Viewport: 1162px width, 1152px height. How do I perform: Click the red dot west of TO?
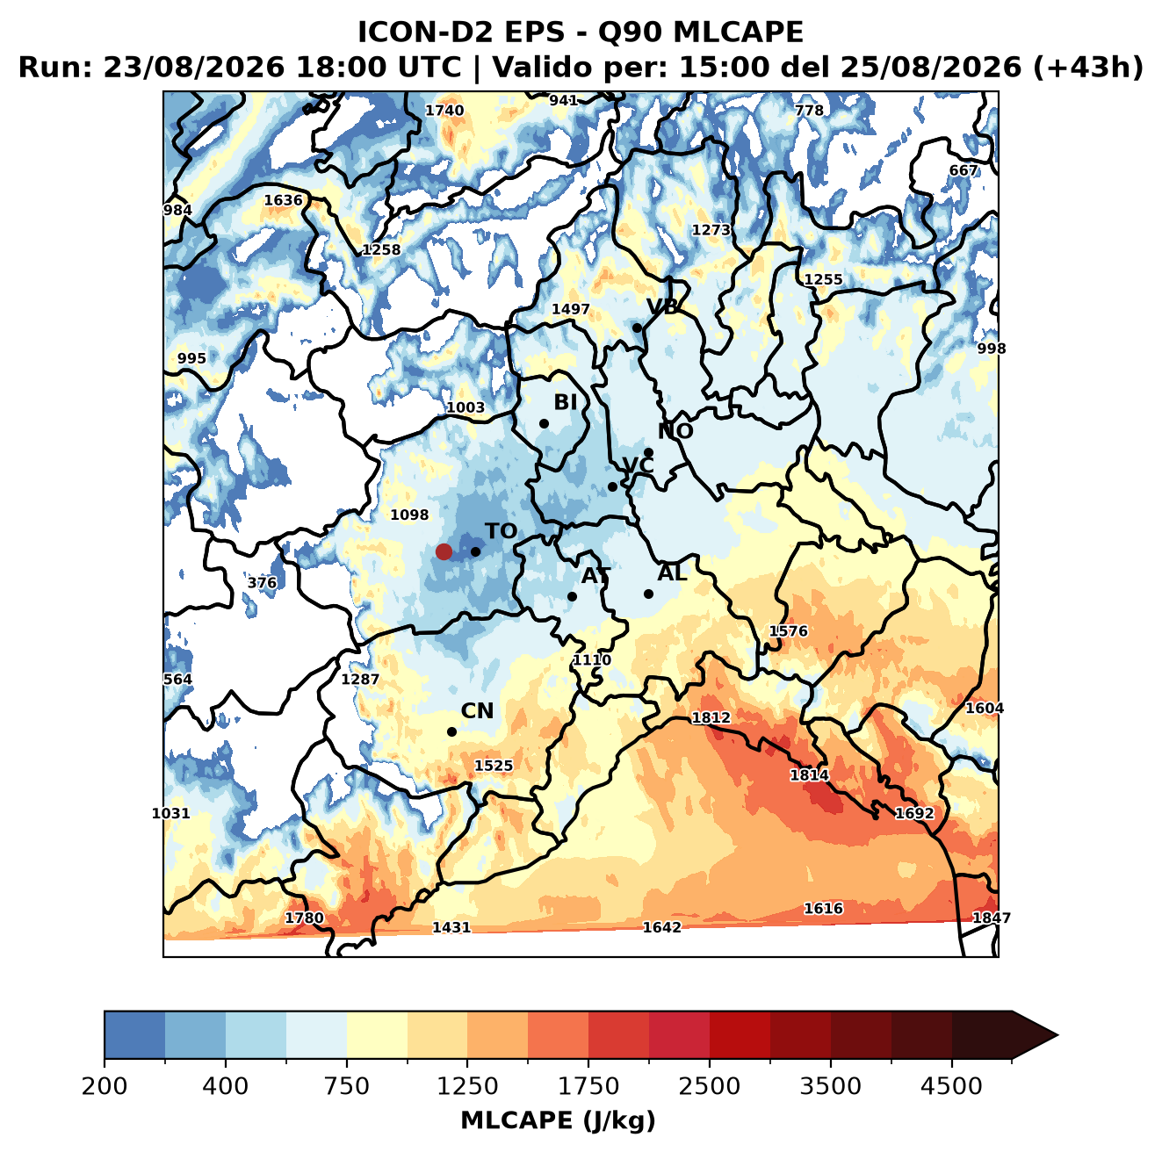tap(444, 551)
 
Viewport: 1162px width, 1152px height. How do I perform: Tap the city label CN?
tap(477, 710)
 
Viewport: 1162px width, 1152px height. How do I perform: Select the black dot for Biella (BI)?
tap(544, 424)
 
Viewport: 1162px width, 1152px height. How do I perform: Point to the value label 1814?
tap(809, 774)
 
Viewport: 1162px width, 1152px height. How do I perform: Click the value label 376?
tap(262, 583)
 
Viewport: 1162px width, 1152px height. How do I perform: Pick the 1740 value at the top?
tap(444, 111)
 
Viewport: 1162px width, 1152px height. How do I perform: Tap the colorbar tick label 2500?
tap(709, 1086)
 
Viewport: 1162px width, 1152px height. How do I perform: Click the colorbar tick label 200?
tap(105, 1086)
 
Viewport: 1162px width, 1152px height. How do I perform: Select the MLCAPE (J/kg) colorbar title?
tap(558, 1120)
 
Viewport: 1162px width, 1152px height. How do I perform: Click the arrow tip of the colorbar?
tap(1057, 1036)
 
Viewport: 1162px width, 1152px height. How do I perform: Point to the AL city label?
tap(672, 572)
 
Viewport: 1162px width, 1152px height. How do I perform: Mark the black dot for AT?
tap(572, 597)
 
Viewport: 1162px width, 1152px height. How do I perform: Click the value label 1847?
tap(992, 918)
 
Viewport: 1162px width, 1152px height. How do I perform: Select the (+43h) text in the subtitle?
tap(1088, 68)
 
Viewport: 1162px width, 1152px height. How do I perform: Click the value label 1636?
tap(283, 199)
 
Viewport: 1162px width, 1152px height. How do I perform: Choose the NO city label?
tap(675, 431)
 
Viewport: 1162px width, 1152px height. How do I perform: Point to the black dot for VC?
tap(612, 486)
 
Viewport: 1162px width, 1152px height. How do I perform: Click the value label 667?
tap(963, 170)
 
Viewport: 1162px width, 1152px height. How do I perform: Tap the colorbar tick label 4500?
tap(951, 1086)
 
